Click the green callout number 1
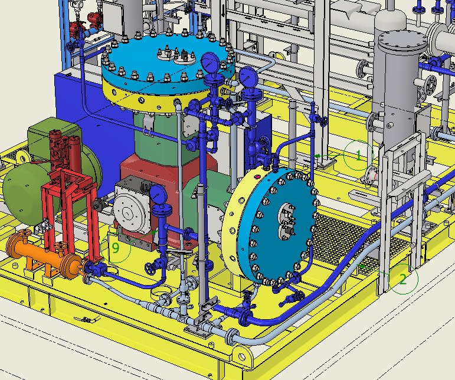point(359,155)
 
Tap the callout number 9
point(116,248)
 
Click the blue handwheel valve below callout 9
point(150,268)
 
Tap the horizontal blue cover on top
point(168,61)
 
